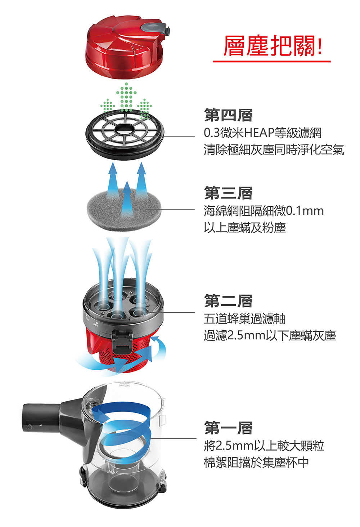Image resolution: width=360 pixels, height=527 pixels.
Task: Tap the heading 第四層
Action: point(228,115)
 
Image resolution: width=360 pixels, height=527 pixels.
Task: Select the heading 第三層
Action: point(228,193)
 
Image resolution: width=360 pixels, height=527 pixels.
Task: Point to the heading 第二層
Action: point(228,301)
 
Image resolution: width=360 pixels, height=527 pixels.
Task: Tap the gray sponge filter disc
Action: point(124,209)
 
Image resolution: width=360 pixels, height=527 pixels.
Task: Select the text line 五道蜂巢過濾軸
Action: point(244,319)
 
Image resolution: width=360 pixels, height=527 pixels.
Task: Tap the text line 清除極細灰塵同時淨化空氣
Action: point(274,150)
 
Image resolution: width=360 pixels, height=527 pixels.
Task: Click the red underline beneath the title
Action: point(271,61)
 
